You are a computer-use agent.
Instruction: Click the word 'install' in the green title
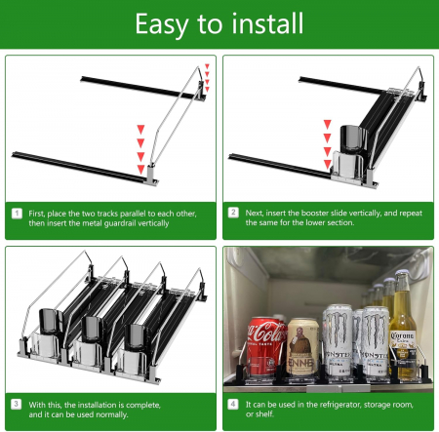pos(267,23)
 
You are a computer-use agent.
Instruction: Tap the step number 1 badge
pos(17,214)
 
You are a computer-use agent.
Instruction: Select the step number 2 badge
pos(233,213)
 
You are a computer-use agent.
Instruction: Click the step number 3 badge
pos(17,404)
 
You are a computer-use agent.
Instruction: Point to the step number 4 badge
pos(233,404)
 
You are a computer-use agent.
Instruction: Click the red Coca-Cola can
pos(266,347)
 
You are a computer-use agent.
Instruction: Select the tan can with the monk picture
pos(302,347)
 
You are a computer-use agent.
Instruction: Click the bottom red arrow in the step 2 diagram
pos(328,164)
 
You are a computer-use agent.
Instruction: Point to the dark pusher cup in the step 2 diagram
pos(352,138)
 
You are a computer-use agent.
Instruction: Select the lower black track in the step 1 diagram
pos(79,168)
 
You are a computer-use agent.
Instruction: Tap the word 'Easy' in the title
pos(162,24)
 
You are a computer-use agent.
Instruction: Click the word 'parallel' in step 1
pos(133,214)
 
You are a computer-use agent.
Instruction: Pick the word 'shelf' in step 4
pos(266,413)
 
